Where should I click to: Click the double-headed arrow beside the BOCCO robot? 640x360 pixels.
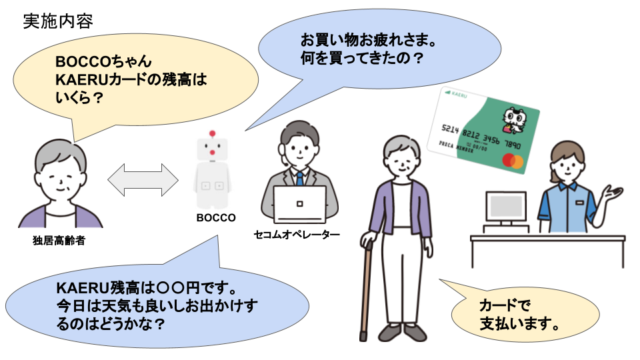[143, 179]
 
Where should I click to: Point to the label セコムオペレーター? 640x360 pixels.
[297, 235]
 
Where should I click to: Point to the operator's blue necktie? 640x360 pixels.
[300, 178]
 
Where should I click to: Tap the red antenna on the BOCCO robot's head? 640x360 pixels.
[213, 133]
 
